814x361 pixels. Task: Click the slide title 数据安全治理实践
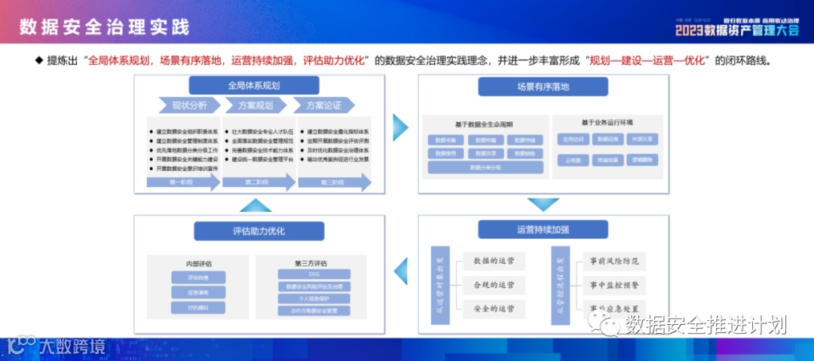pyautogui.click(x=105, y=27)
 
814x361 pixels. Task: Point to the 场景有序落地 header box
pyautogui.click(x=543, y=86)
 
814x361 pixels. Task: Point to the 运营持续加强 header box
pyautogui.click(x=543, y=229)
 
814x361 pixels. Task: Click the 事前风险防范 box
pyautogui.click(x=614, y=262)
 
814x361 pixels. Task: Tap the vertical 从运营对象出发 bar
pyautogui.click(x=439, y=286)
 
